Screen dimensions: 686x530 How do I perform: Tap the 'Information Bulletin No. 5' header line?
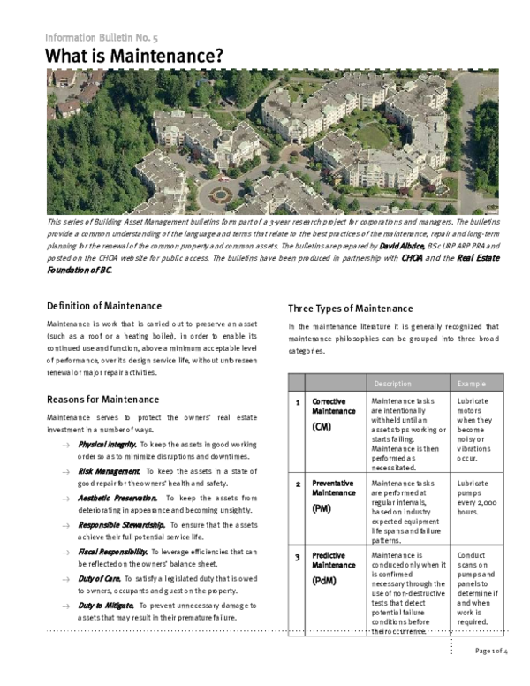click(x=102, y=37)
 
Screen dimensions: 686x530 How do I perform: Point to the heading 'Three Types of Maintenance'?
click(x=350, y=309)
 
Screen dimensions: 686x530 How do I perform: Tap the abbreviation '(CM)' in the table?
click(x=322, y=427)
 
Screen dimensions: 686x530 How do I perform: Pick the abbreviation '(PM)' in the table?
click(x=322, y=509)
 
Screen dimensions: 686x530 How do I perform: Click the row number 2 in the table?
click(x=298, y=484)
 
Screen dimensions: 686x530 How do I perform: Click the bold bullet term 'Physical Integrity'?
click(x=107, y=443)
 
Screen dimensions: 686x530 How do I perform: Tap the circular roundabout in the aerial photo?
click(x=221, y=191)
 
